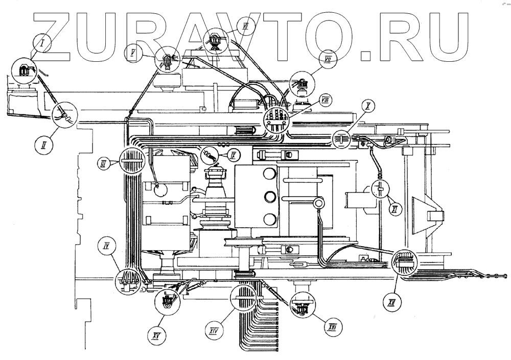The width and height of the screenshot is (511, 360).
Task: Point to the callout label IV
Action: point(107,247)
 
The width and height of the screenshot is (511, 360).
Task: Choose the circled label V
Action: point(133,53)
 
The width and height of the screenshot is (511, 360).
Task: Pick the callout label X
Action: point(367,106)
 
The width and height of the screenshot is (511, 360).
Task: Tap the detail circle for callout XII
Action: point(405,262)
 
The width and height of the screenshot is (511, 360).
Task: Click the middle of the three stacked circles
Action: point(270,197)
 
